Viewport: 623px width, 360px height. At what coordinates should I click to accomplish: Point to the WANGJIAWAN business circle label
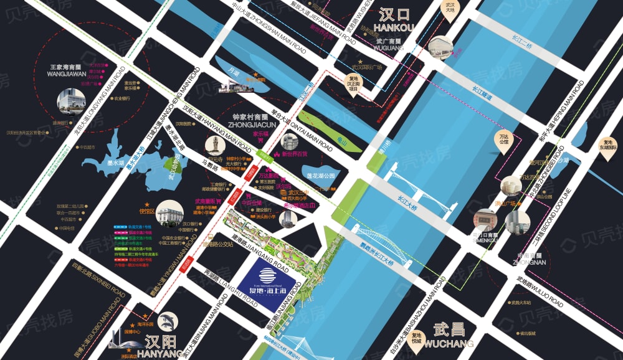click(67, 69)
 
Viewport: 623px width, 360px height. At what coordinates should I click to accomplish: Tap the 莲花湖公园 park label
click(319, 176)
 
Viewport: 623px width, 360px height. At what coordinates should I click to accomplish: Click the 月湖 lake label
click(234, 73)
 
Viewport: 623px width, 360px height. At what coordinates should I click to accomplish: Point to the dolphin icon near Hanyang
click(167, 322)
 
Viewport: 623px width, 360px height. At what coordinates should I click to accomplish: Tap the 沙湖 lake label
click(563, 160)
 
